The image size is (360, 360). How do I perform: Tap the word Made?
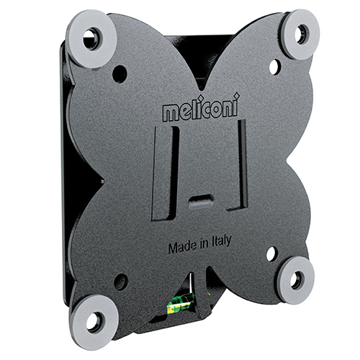point(181,246)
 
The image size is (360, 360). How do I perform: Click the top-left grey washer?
point(91,39)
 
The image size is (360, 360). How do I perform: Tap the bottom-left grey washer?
point(94,320)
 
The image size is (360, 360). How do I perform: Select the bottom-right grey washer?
point(296,279)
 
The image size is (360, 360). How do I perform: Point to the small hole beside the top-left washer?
point(120,73)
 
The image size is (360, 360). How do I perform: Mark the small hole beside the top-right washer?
point(274,66)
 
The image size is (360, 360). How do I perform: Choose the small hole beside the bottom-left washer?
point(120,281)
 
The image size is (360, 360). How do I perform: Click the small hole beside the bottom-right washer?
point(271,253)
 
